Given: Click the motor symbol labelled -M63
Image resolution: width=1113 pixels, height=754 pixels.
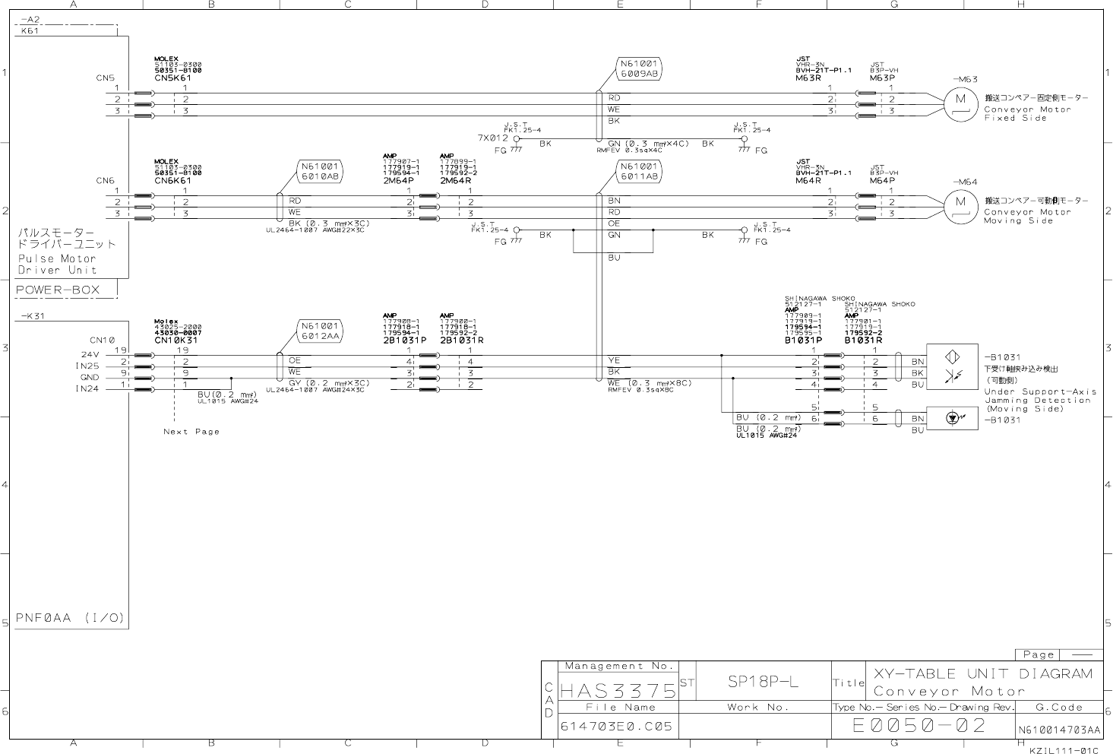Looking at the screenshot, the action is (x=960, y=100).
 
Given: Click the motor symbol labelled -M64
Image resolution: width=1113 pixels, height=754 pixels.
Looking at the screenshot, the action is (x=960, y=202).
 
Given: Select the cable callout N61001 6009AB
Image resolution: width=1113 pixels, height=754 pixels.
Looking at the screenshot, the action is (x=639, y=69).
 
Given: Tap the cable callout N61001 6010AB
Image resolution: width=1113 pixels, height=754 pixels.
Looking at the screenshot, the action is (x=320, y=171).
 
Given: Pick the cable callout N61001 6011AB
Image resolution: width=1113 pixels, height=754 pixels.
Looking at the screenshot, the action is (x=639, y=171).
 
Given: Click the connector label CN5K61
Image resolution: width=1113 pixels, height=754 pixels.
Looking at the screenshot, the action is (x=172, y=78).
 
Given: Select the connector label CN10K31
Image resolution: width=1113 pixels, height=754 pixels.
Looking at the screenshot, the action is (x=175, y=341).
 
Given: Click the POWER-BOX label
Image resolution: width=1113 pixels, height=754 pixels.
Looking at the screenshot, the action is (x=58, y=290).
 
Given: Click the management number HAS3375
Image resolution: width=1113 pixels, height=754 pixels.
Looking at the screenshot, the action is (x=618, y=690).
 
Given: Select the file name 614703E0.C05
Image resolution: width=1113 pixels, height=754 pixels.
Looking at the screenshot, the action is (x=616, y=726).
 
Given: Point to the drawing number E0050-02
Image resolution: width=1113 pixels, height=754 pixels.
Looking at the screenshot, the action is (x=919, y=725).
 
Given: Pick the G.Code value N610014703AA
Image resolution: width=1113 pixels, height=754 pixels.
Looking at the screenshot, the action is (x=1059, y=730).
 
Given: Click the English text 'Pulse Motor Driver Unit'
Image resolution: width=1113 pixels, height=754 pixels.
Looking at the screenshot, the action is (x=58, y=264).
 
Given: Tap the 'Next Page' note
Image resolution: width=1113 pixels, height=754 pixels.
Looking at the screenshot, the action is (x=191, y=432).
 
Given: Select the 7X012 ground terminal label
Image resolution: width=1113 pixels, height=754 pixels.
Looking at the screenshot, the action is (x=492, y=138).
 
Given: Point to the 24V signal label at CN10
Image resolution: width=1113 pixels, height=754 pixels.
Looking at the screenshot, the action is (x=90, y=354).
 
